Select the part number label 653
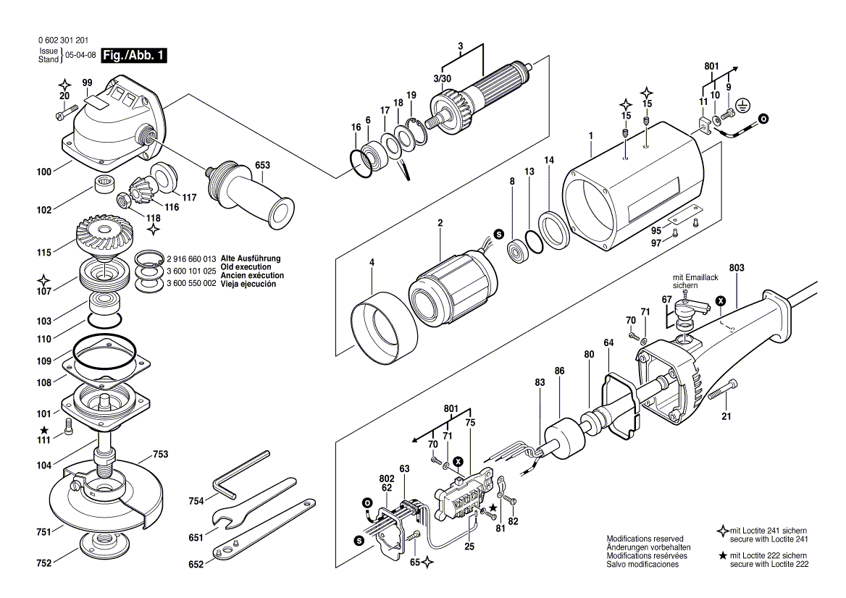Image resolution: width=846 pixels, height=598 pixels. click(x=262, y=166)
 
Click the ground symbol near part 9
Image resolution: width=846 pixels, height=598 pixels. click(x=741, y=106)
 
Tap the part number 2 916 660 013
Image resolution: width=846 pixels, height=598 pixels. click(x=191, y=258)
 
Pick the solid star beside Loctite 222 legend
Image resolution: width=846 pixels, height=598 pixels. click(x=722, y=555)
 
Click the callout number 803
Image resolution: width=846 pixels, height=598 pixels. click(x=737, y=269)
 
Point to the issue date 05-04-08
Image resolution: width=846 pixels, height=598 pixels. click(x=80, y=55)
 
